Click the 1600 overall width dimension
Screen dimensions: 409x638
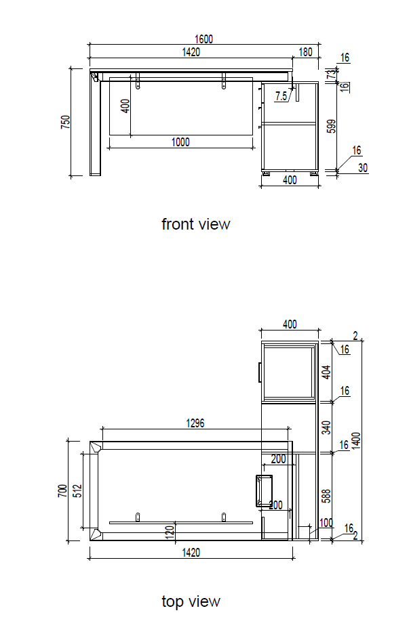pyautogui.click(x=203, y=39)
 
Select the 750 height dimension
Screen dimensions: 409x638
pyautogui.click(x=66, y=122)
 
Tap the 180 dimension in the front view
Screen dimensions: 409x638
pyautogui.click(x=305, y=52)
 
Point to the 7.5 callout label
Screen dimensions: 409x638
pyautogui.click(x=281, y=96)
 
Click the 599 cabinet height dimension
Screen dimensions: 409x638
pyautogui.click(x=332, y=126)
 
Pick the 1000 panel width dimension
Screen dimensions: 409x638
pyautogui.click(x=180, y=142)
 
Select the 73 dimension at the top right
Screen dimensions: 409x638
pyautogui.click(x=332, y=74)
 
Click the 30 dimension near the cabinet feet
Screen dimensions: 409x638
pyautogui.click(x=363, y=168)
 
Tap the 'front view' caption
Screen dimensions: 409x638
pyautogui.click(x=196, y=224)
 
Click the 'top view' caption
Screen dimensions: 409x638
pyautogui.click(x=191, y=601)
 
